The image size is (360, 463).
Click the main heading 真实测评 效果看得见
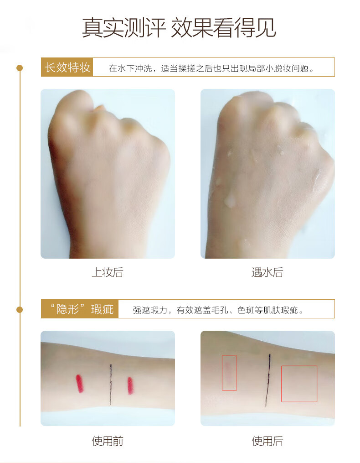179,28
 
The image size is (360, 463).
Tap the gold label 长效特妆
67,68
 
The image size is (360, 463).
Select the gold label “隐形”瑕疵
80,309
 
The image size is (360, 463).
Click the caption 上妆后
108,272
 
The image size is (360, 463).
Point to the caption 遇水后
267,272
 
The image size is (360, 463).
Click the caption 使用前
108,441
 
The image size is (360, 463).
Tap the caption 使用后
267,441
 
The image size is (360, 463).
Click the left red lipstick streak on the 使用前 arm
79,384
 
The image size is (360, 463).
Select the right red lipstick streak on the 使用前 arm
130,385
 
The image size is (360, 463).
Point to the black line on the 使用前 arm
111,384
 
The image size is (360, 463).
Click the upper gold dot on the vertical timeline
20,68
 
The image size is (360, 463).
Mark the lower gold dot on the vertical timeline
20,309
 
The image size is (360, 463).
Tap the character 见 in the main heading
265,28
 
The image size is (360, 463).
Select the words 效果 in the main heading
192,28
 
